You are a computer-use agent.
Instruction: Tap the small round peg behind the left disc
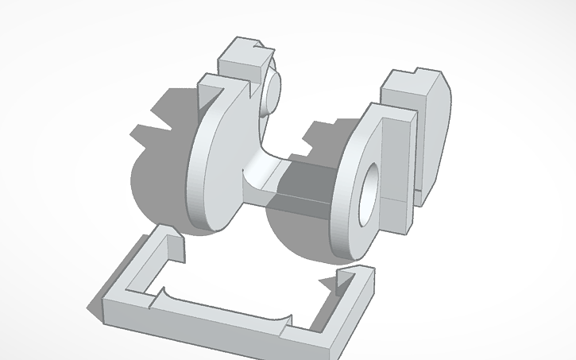click(273, 87)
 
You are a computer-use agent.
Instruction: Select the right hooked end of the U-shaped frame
click(350, 277)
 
